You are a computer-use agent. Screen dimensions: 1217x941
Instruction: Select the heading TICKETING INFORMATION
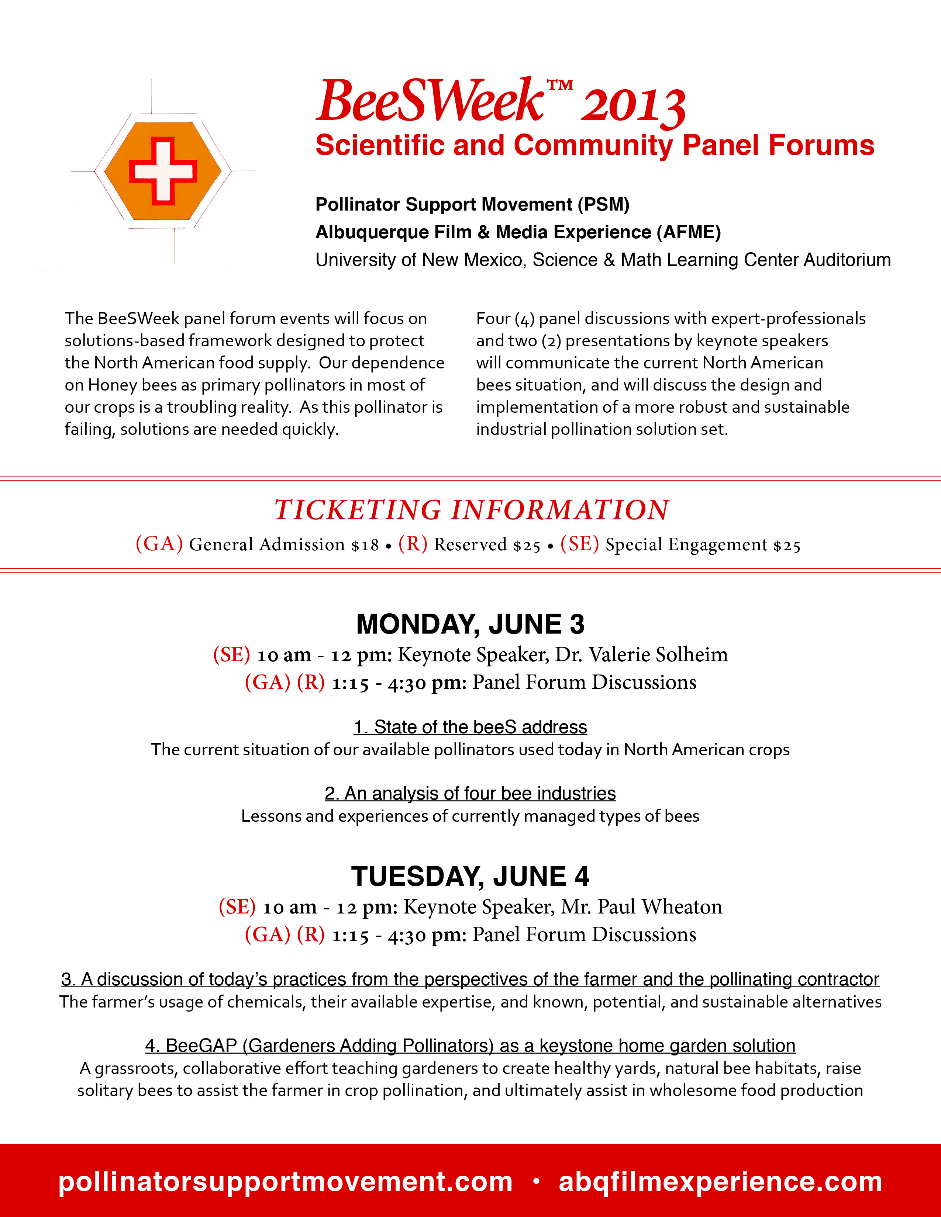click(471, 510)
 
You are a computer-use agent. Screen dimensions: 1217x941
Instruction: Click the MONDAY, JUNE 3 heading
click(470, 624)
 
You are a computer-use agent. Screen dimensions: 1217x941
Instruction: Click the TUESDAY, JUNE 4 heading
click(470, 877)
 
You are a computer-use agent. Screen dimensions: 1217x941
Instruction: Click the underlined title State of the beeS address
click(470, 727)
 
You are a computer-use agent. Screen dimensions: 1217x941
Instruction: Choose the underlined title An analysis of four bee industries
click(470, 794)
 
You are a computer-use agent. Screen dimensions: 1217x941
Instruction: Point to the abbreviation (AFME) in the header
click(689, 232)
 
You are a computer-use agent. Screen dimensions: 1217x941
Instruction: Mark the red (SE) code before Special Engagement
click(579, 544)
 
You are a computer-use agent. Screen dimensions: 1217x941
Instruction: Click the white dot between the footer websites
click(536, 1180)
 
